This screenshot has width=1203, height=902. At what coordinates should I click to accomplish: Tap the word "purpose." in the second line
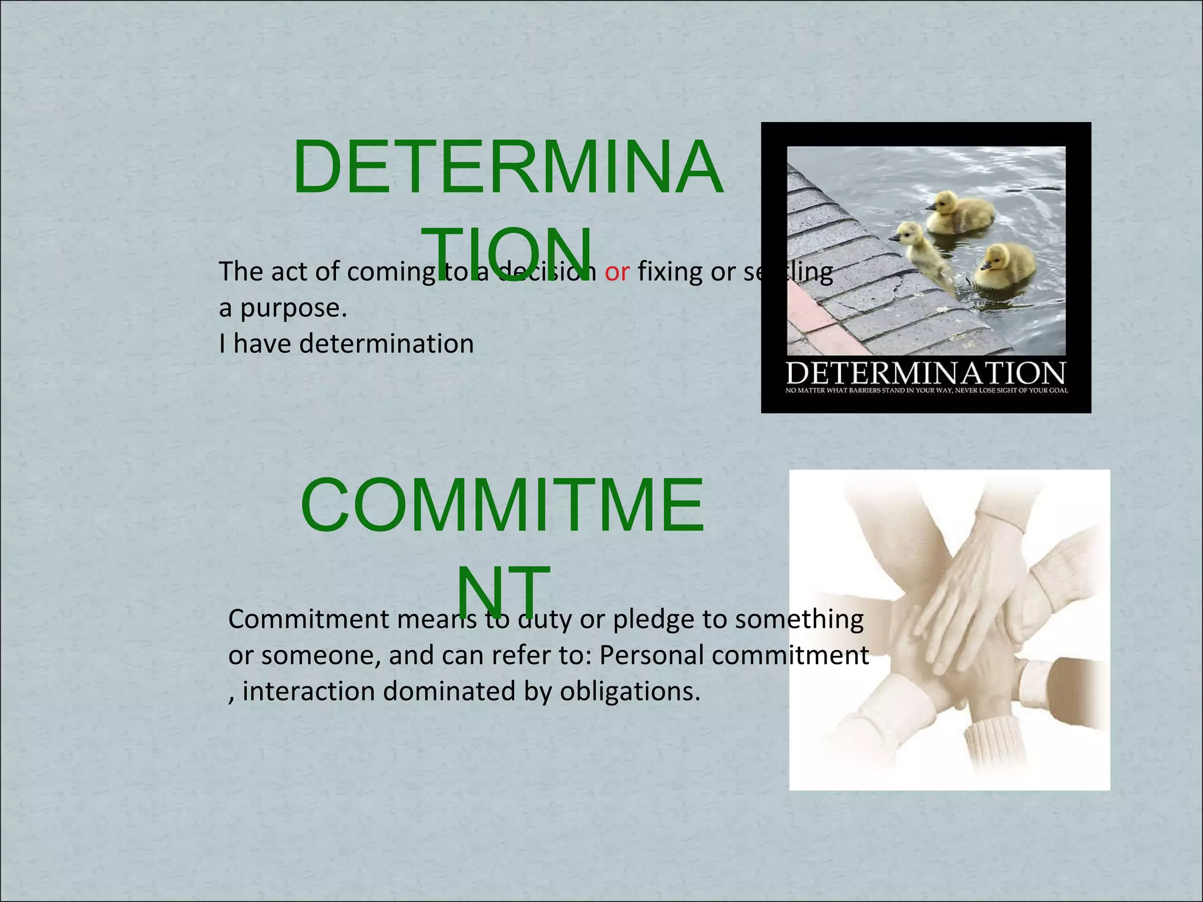(x=294, y=309)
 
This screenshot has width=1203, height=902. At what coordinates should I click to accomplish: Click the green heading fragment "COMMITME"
(x=502, y=506)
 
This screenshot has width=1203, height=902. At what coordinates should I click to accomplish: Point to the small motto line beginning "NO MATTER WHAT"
(x=926, y=391)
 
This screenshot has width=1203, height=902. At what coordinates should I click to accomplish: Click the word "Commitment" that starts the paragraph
(x=308, y=620)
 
